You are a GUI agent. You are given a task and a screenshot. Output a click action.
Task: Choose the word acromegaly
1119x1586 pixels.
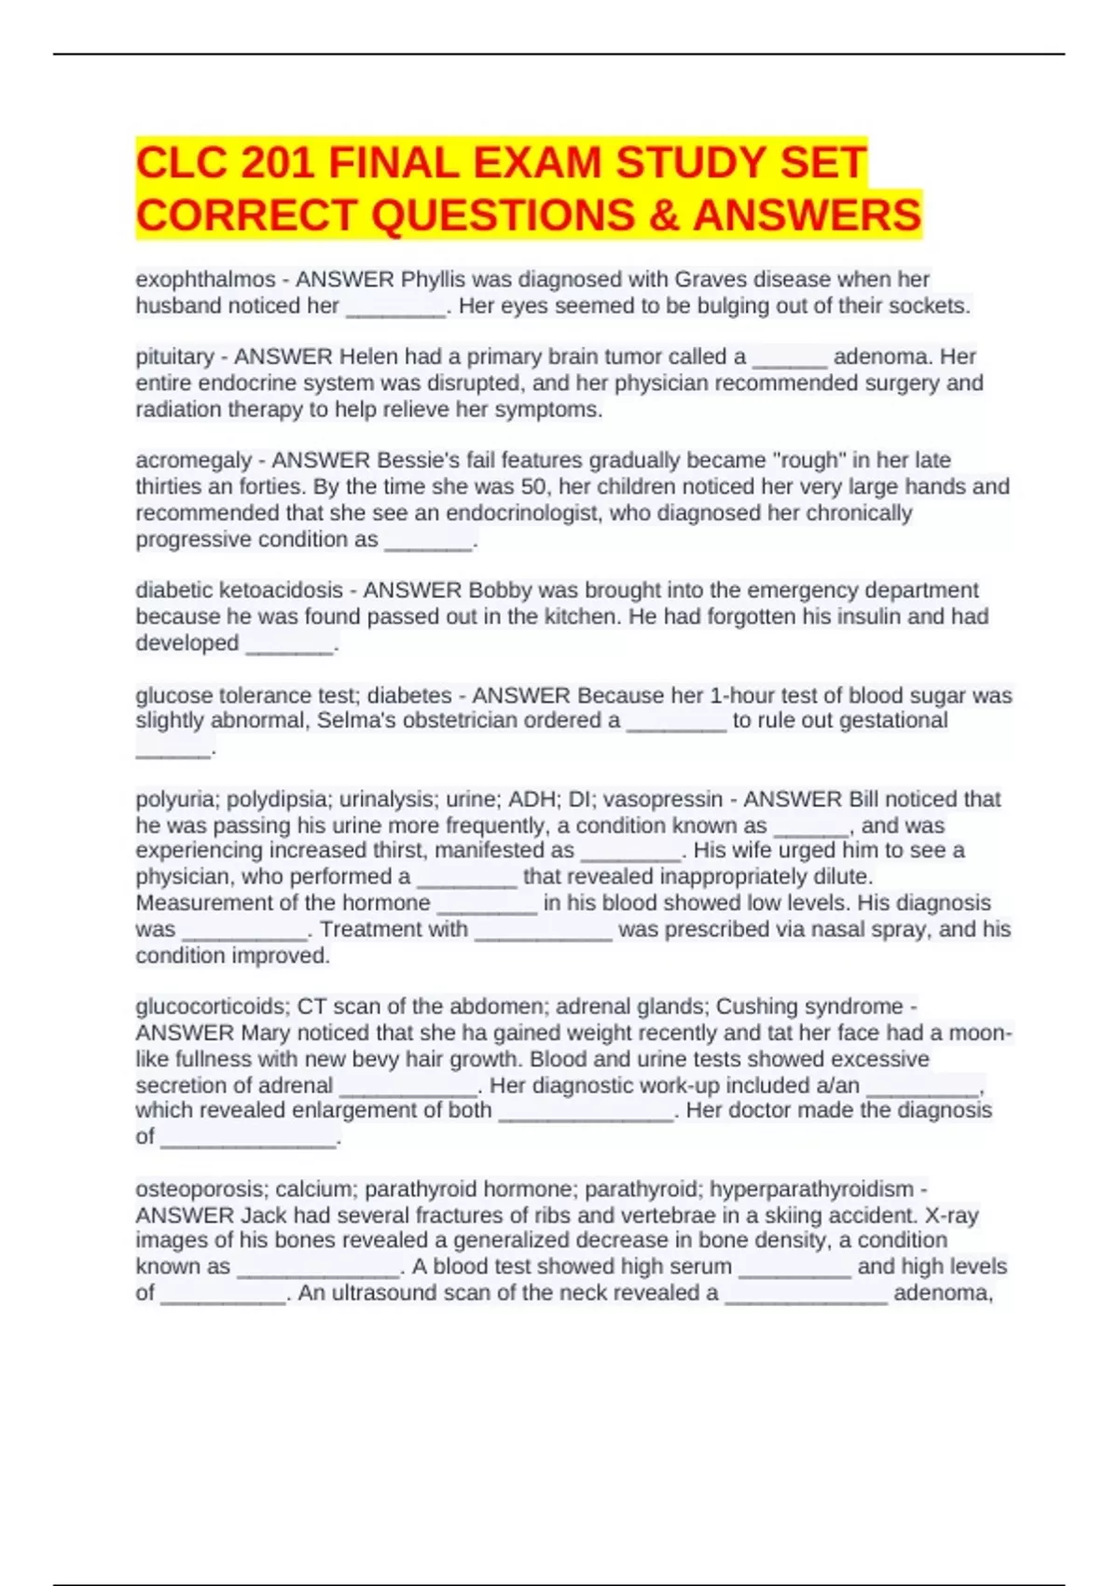(x=193, y=460)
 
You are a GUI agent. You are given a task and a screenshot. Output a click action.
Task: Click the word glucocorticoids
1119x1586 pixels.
(x=213, y=1007)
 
